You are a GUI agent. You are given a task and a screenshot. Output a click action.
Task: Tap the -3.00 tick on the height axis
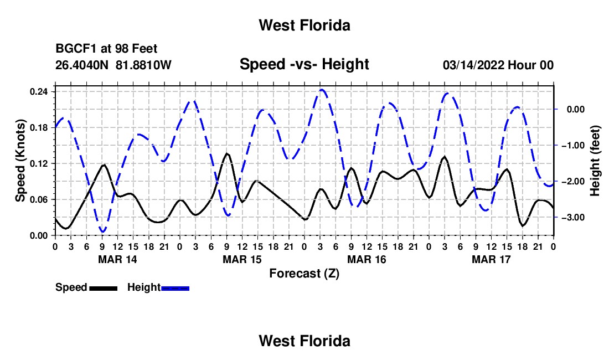(x=573, y=218)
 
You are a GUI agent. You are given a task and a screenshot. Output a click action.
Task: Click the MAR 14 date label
(x=118, y=259)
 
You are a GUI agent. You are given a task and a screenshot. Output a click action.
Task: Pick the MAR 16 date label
(x=367, y=259)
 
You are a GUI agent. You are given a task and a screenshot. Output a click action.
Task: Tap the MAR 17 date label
(x=491, y=259)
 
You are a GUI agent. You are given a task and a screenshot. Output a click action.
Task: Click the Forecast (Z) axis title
(x=304, y=274)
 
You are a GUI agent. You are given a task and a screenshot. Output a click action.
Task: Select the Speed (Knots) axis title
(x=20, y=161)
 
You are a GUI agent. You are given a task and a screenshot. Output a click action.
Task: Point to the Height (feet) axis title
(x=595, y=161)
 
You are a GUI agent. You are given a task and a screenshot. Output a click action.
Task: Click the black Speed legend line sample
(x=104, y=289)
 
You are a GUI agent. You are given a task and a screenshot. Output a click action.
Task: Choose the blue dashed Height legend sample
(x=175, y=289)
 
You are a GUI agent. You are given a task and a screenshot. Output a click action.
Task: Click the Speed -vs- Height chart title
(x=304, y=64)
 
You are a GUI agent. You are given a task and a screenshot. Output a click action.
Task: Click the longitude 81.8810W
(x=143, y=65)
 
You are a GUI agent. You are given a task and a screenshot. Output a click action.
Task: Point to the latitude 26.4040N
(x=82, y=65)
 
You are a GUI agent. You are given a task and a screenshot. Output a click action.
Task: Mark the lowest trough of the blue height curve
(x=103, y=232)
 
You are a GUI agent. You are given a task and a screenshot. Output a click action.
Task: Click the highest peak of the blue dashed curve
(x=322, y=90)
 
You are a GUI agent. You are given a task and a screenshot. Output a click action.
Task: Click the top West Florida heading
(x=304, y=25)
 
